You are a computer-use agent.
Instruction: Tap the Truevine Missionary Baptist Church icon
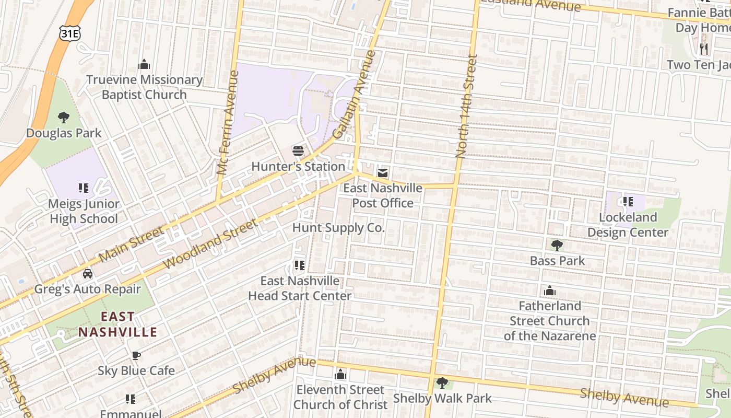(x=144, y=65)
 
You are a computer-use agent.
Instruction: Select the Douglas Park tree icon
(x=64, y=118)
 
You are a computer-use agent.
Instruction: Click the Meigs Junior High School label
(x=84, y=211)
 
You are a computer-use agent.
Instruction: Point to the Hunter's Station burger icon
(x=298, y=152)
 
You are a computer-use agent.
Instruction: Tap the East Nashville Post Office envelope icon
(x=383, y=173)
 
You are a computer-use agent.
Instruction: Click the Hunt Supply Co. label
(x=338, y=228)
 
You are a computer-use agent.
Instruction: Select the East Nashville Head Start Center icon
(x=299, y=265)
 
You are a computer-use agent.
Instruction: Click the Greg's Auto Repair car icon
(x=87, y=274)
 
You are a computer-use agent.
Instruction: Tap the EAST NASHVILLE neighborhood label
(x=117, y=324)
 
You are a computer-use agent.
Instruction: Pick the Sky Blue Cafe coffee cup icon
(x=136, y=356)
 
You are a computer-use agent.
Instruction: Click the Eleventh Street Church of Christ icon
(x=340, y=375)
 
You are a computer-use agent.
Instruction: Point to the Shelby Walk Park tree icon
(x=442, y=383)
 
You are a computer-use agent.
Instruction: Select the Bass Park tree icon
(x=557, y=245)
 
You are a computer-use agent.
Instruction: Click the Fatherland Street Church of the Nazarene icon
(x=549, y=291)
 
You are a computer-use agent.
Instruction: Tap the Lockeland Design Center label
(x=628, y=225)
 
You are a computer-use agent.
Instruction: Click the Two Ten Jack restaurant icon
(x=704, y=49)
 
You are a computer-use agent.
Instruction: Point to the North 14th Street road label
(x=466, y=107)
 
